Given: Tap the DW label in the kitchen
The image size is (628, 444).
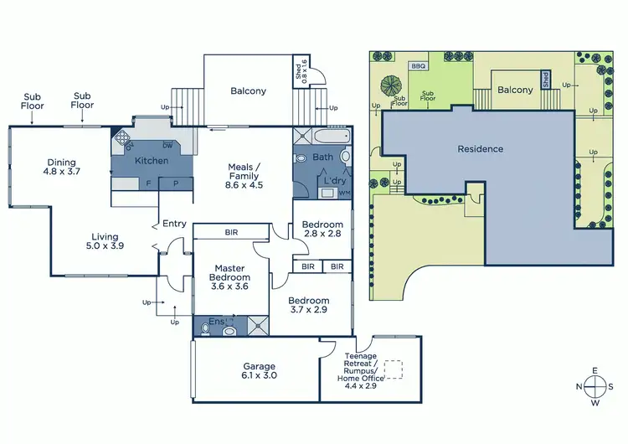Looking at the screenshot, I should (167, 144).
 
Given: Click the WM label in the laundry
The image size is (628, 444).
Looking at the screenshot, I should (343, 194).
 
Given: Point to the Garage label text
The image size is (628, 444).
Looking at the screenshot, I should (259, 366).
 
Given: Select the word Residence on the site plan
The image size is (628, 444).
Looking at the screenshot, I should (481, 149).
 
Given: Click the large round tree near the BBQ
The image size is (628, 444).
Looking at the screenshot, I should (391, 85).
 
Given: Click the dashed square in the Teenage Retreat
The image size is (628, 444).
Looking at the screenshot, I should (390, 369).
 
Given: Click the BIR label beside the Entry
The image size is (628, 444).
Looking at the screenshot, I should (231, 232).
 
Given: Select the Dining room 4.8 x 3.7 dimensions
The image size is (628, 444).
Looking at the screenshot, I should (61, 172).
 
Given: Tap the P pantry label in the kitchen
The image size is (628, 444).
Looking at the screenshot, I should (176, 182).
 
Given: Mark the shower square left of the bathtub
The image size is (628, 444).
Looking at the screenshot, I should (301, 137).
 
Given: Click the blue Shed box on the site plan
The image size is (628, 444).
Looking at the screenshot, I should (545, 80).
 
